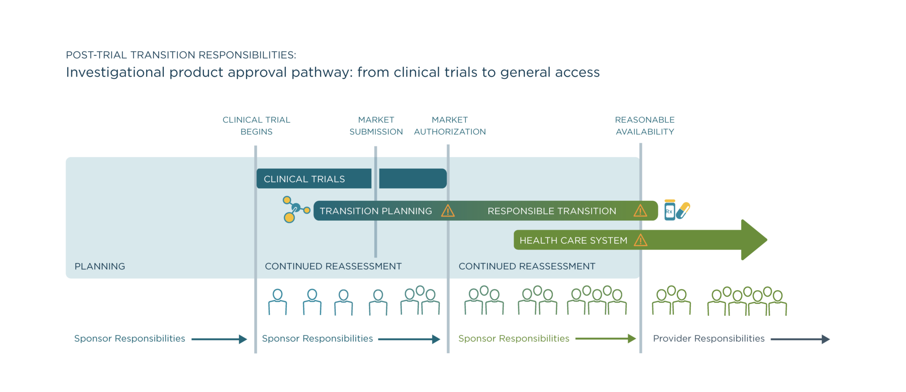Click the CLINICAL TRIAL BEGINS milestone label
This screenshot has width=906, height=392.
256,126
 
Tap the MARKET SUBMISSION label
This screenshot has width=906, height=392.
376,126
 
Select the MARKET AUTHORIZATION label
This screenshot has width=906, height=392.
449,126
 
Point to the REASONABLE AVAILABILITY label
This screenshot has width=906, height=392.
645,126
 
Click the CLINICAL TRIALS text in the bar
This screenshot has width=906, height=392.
304,179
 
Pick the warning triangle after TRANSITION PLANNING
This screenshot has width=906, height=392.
448,211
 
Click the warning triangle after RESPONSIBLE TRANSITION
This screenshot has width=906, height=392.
640,211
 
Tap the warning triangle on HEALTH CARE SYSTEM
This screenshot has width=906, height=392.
640,241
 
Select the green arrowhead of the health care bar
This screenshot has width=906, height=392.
753,240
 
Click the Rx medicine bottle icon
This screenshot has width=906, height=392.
669,211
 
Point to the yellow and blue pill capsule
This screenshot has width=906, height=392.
683,210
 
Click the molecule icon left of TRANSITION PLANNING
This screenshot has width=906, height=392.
294,209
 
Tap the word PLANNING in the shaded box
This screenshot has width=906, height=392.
100,266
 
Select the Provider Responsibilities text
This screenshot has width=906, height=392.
708,338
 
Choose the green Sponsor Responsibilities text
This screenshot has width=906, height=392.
513,338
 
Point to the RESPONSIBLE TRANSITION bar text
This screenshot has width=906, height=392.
551,211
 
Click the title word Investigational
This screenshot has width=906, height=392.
115,72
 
